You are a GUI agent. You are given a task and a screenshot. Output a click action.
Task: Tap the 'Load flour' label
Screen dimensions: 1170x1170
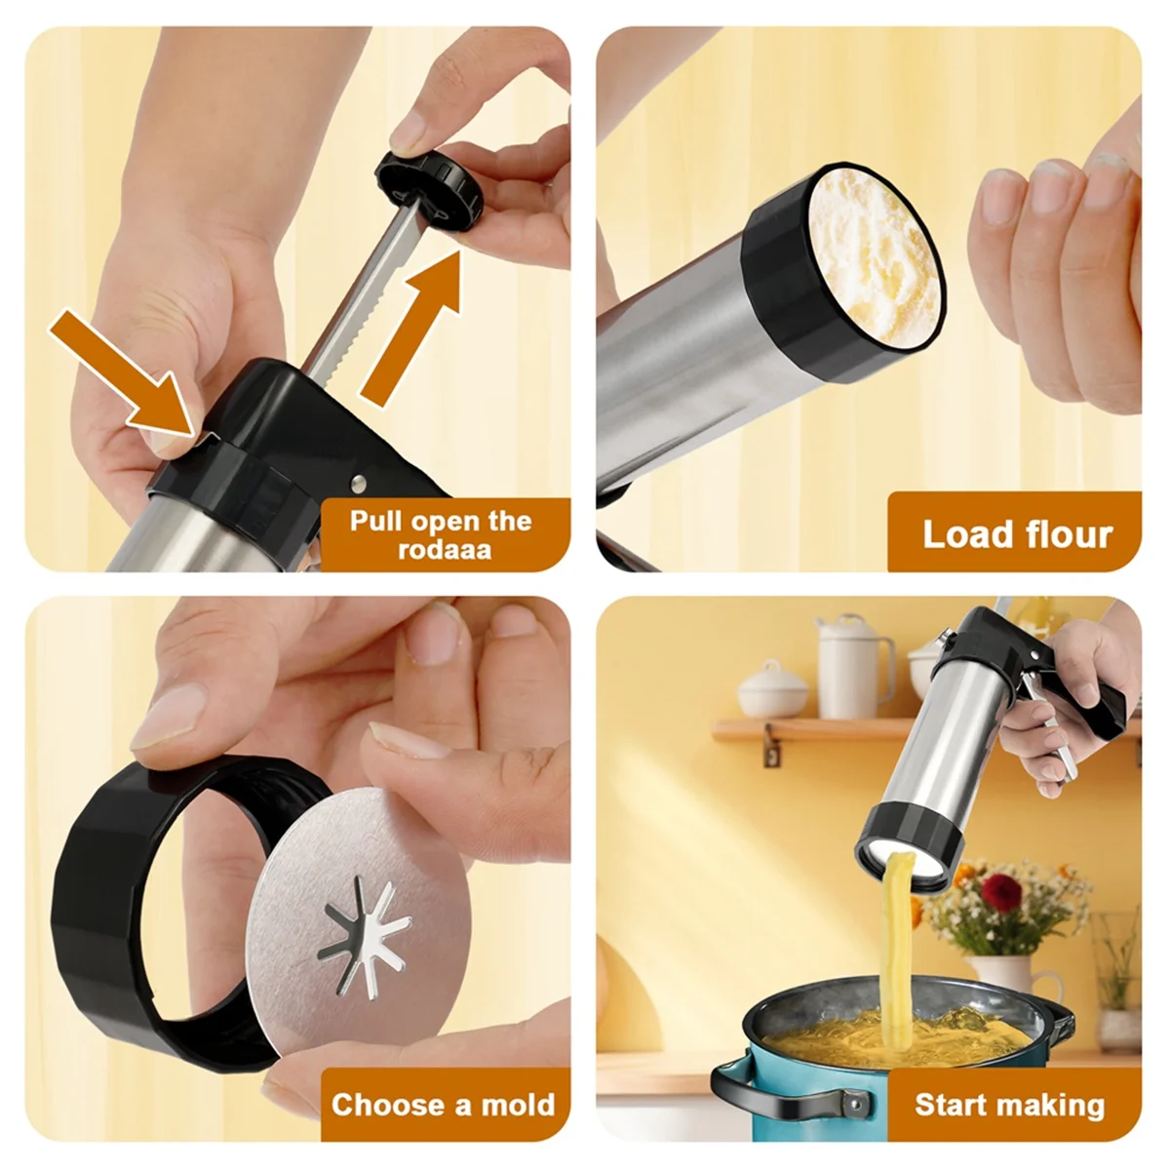tap(1017, 534)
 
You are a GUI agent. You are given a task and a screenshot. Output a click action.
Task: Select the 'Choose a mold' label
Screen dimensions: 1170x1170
tap(444, 1105)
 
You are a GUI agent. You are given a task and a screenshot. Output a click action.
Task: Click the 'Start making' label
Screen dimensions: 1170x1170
tap(1010, 1105)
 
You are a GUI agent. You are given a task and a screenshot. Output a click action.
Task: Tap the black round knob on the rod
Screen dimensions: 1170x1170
tap(430, 184)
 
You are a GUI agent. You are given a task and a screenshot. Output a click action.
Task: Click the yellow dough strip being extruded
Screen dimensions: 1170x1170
tap(897, 936)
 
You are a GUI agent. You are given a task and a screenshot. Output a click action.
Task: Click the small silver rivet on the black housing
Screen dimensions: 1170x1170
tap(358, 481)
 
